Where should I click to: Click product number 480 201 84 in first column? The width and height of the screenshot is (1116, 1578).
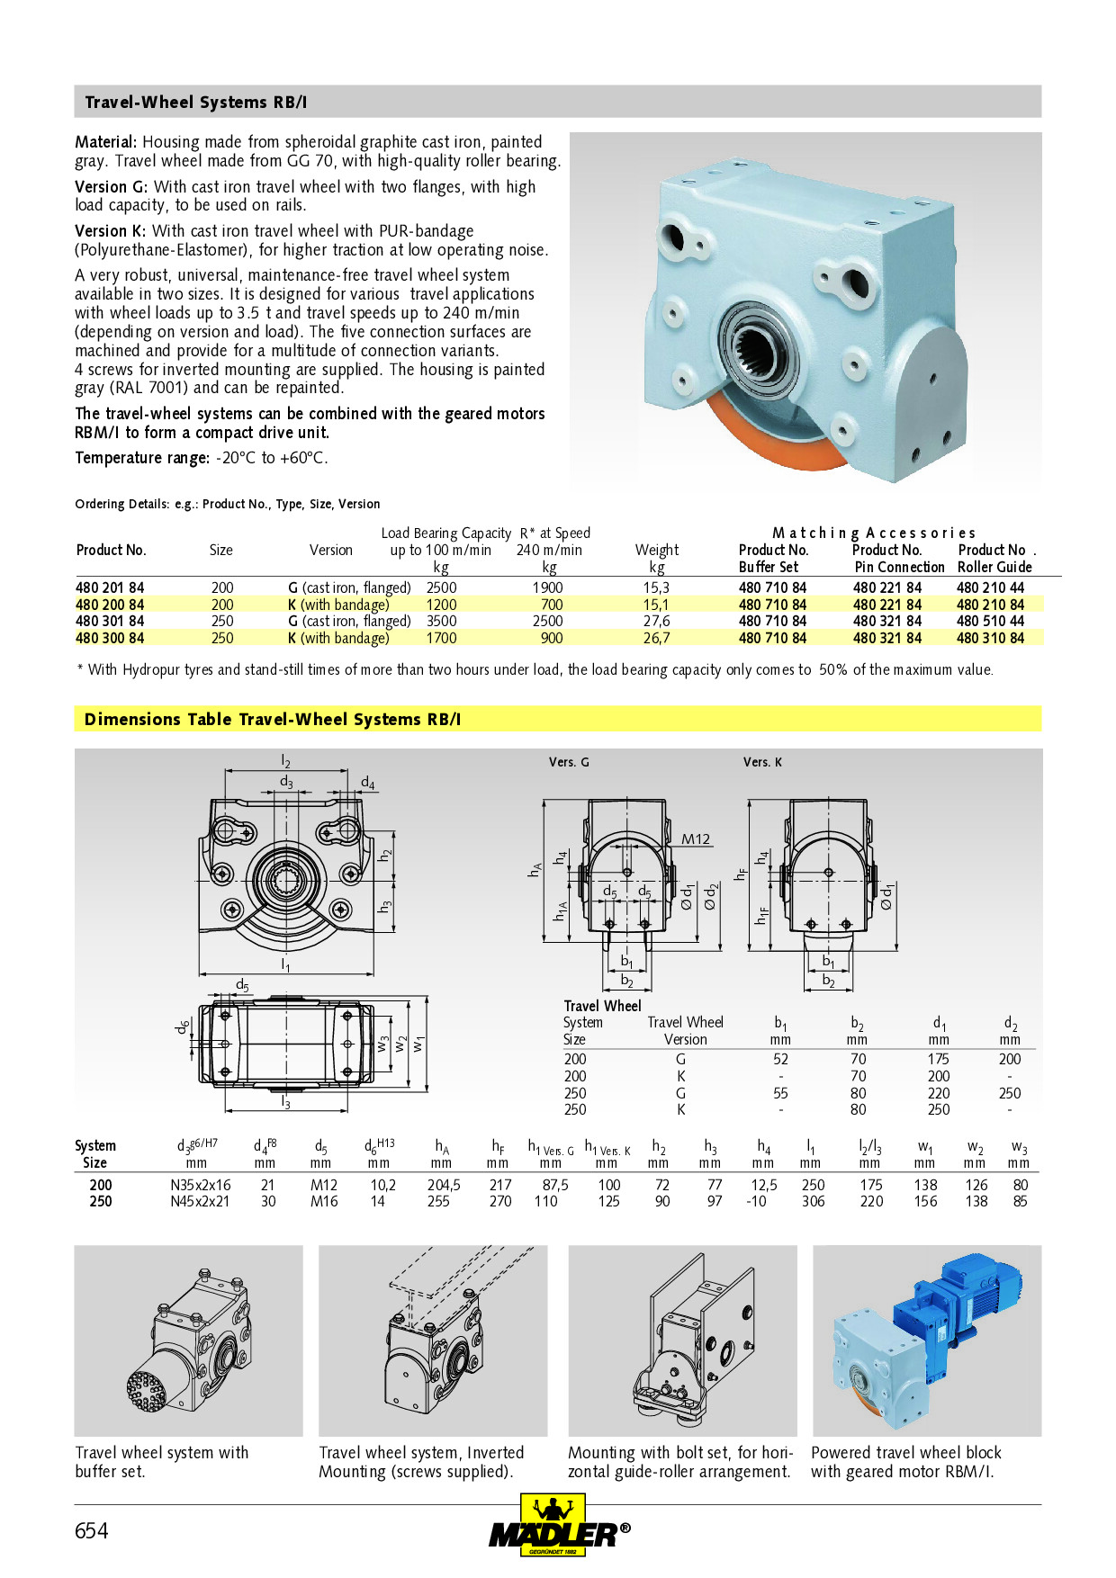tap(110, 587)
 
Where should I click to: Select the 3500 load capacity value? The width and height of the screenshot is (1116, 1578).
tap(441, 621)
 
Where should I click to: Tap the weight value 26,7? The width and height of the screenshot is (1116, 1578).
tap(656, 638)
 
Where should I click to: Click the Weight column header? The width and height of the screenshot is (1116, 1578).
tap(656, 550)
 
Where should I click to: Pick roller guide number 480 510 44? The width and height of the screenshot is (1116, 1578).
tap(990, 621)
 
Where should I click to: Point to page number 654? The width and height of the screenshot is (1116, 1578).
tap(91, 1530)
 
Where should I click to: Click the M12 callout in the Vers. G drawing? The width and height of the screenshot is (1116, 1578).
tap(695, 839)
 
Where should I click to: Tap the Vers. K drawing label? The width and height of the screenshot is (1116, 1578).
tap(761, 762)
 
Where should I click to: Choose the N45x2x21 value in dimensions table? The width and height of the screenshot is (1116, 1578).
tap(200, 1201)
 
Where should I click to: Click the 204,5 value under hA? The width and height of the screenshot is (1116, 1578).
tap(443, 1185)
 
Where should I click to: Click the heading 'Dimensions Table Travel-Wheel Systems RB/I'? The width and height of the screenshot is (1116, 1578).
tap(272, 719)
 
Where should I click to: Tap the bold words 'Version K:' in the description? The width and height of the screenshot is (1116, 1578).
tap(111, 231)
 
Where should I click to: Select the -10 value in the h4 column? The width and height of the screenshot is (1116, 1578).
tap(756, 1201)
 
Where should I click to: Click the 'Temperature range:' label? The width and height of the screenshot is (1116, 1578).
tap(142, 458)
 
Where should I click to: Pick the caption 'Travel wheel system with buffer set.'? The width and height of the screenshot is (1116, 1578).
tap(161, 1461)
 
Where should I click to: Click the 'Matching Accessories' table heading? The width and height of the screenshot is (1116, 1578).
tap(873, 533)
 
